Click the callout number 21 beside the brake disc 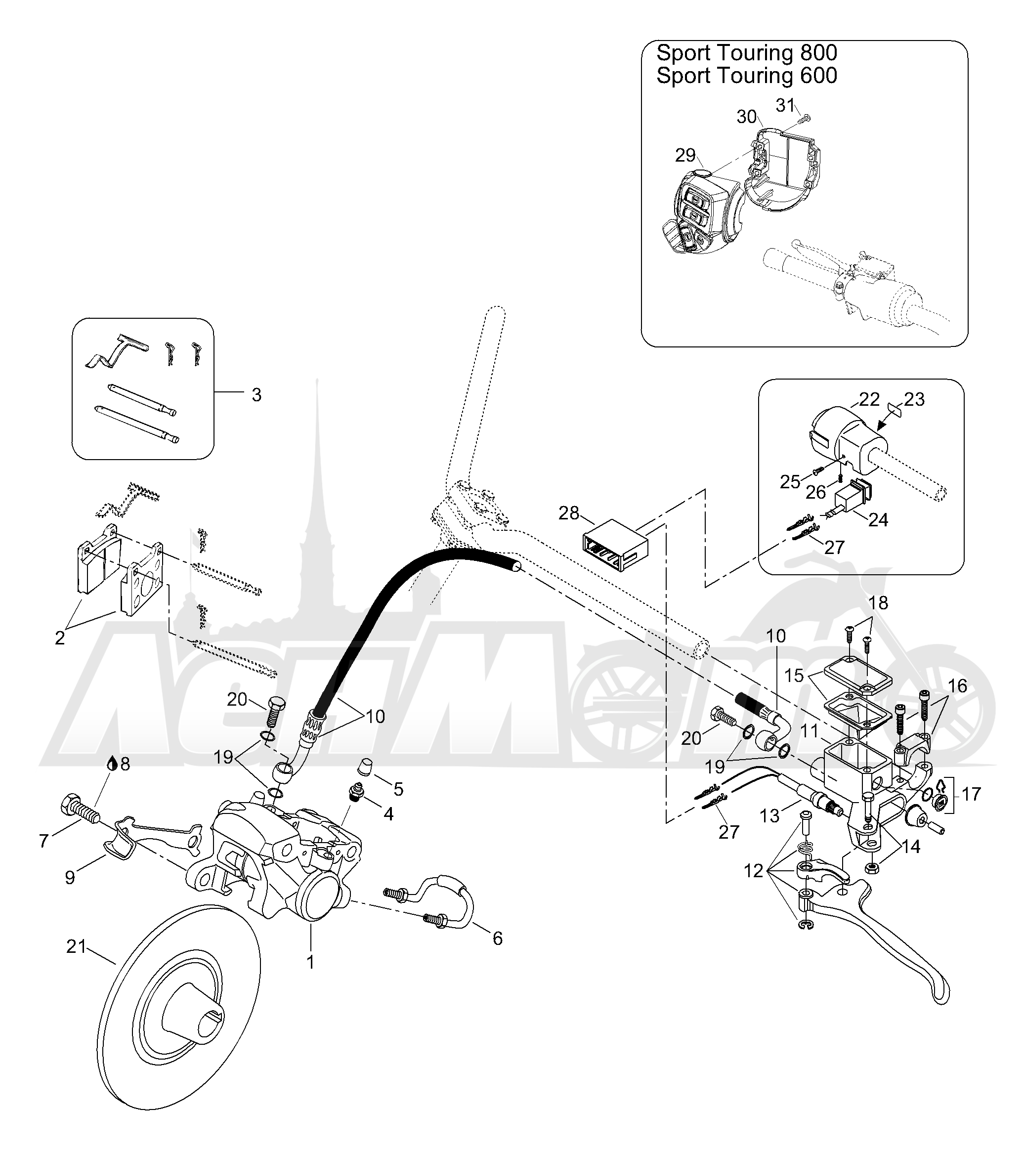point(76,946)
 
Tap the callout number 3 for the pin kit point(256,395)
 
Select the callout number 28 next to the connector point(569,513)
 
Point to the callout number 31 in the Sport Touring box point(785,105)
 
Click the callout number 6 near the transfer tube point(498,939)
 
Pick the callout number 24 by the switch point(878,519)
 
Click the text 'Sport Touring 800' point(747,53)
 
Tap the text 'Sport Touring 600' point(747,76)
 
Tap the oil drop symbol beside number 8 point(113,764)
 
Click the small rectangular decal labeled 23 point(896,408)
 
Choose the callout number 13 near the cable point(769,815)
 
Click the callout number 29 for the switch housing point(685,155)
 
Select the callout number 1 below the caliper point(310,962)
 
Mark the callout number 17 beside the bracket point(972,794)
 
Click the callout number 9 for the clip point(70,878)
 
